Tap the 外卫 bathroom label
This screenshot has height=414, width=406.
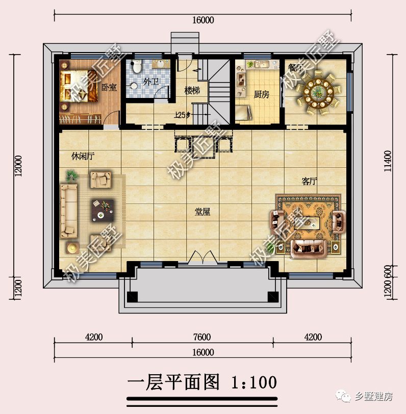[150, 82]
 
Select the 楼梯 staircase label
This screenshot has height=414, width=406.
[192, 90]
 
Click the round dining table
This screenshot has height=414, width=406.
[320, 92]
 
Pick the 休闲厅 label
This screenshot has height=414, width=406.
[83, 156]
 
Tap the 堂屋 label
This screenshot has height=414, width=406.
[202, 212]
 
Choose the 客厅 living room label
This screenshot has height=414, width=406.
[310, 182]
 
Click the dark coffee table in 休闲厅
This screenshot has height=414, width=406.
[103, 210]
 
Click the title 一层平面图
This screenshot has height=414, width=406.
[173, 381]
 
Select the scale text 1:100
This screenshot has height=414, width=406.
[253, 381]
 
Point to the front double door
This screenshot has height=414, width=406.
[202, 256]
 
